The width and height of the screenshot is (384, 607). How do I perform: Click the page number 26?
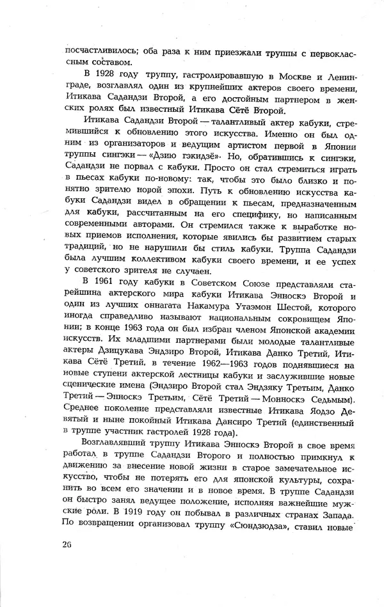(69, 544)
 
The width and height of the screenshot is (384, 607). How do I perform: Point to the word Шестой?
(305, 311)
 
